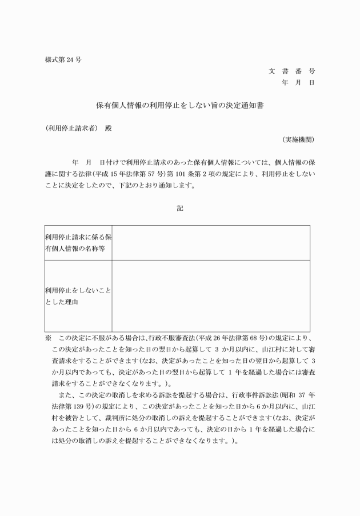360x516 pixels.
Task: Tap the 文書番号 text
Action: click(x=291, y=71)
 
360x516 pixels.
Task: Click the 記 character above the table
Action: click(x=180, y=209)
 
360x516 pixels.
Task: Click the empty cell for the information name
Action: click(x=211, y=242)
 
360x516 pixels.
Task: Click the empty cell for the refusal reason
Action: click(x=211, y=296)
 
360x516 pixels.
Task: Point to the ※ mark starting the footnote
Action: click(x=48, y=338)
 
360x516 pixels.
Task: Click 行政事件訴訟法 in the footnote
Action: click(x=251, y=396)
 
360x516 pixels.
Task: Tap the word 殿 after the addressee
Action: click(x=109, y=128)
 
